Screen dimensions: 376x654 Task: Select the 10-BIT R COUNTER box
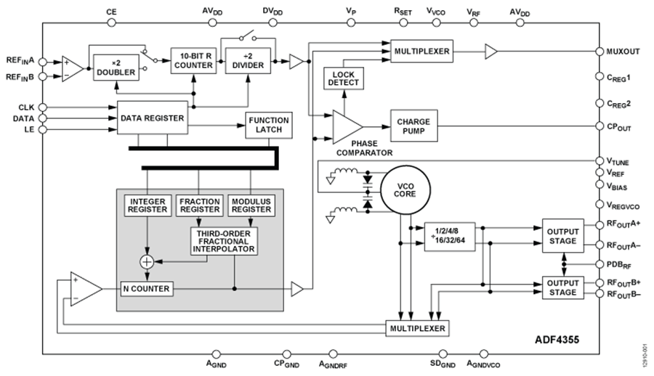[x=193, y=60]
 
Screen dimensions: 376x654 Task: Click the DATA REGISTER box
[x=152, y=118]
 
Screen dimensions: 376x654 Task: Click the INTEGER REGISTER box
[x=148, y=204]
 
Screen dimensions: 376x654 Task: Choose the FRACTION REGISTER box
[x=200, y=204]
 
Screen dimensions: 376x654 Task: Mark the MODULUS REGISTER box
[x=251, y=204]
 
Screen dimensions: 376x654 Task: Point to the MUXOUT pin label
[x=622, y=52]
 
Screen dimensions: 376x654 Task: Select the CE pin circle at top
[x=111, y=23]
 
